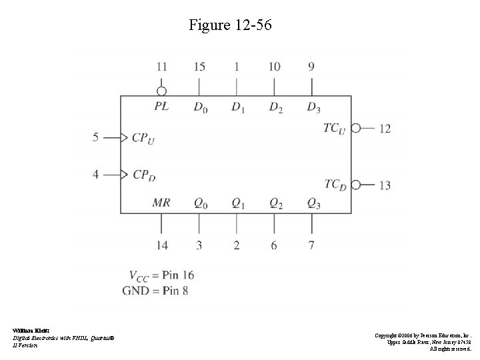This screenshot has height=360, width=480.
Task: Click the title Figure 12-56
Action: point(230,26)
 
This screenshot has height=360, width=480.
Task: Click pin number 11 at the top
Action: point(161,67)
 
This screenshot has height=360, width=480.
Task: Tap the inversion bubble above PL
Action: point(161,91)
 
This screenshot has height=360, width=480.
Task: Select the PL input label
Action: point(161,107)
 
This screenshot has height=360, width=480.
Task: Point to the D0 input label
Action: point(199,107)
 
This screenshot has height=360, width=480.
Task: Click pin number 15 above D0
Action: point(199,67)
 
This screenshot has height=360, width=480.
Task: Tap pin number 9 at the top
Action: point(311,67)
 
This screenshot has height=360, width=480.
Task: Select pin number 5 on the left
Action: point(96,137)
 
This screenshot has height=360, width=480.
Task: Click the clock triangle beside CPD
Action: point(123,175)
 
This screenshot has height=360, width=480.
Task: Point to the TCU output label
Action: point(335,128)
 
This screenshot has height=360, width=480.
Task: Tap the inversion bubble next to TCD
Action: point(356,185)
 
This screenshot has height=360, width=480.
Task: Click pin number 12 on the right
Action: point(385,128)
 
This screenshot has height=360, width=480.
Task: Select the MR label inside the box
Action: point(161,202)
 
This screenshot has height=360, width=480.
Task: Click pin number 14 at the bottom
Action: point(161,245)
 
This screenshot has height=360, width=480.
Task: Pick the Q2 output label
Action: point(275,203)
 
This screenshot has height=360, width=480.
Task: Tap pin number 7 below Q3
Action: point(311,245)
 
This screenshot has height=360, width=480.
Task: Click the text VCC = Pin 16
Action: point(161,275)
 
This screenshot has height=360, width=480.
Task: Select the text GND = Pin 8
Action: point(155,290)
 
